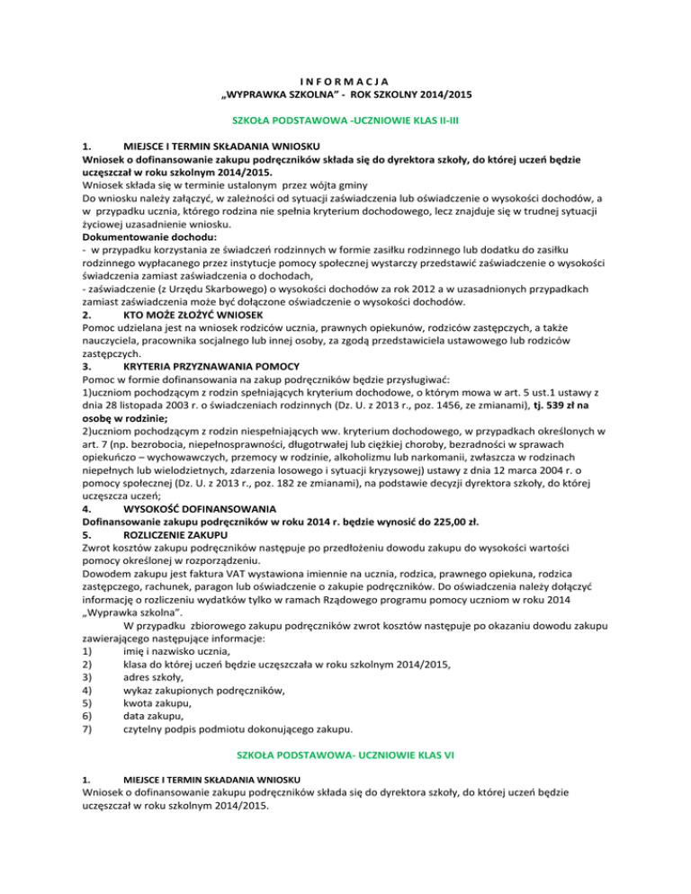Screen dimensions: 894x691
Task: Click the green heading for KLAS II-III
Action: (345, 119)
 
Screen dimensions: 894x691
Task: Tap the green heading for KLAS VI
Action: (345, 758)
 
